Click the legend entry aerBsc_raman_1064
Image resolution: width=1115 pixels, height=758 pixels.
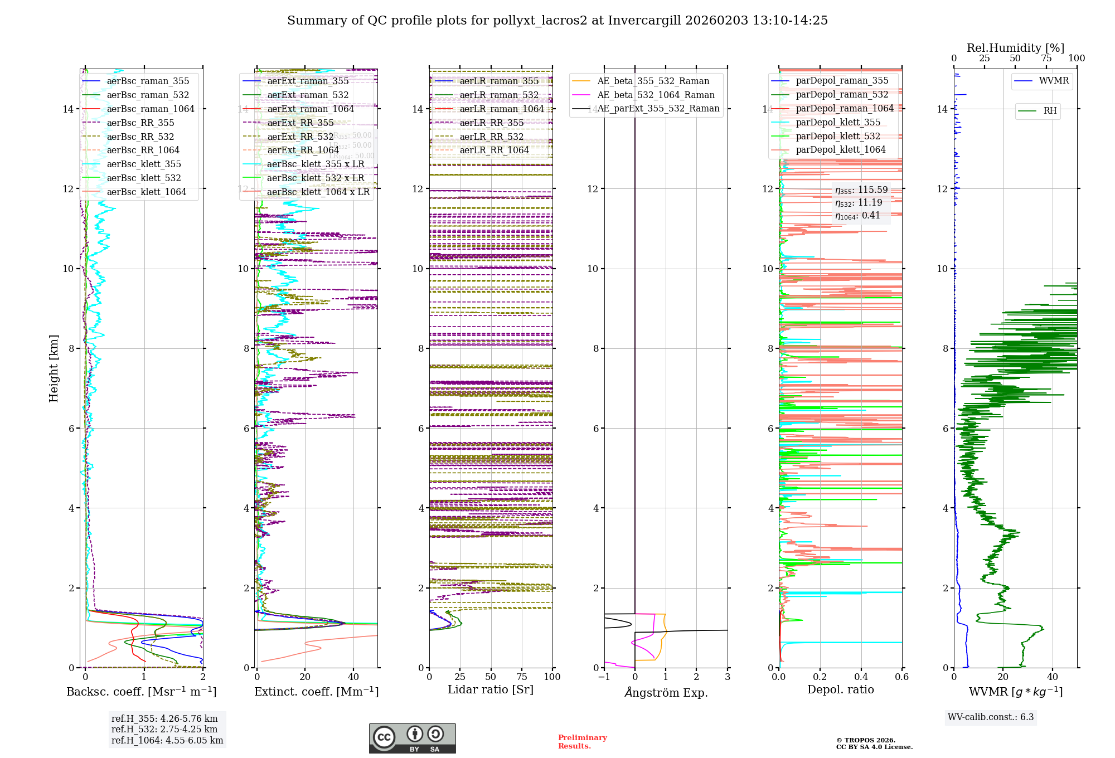(x=151, y=109)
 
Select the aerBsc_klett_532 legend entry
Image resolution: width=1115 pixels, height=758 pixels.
(x=144, y=178)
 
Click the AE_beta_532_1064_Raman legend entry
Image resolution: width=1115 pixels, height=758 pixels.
(x=656, y=95)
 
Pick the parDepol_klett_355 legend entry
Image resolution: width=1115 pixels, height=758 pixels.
(x=838, y=122)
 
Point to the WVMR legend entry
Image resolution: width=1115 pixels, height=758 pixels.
(x=1054, y=81)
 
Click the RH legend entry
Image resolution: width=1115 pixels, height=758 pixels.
(x=1050, y=111)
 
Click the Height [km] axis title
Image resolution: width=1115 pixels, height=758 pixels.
(x=54, y=368)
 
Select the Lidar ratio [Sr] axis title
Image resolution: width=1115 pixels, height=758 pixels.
(x=491, y=689)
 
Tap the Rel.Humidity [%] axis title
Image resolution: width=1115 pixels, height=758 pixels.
(x=1015, y=48)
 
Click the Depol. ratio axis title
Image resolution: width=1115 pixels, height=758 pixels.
(x=840, y=689)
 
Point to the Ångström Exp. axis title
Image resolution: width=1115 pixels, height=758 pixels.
(x=666, y=692)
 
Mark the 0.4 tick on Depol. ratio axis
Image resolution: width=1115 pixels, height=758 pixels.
(x=861, y=677)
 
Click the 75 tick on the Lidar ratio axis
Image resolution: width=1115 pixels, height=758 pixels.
(x=522, y=677)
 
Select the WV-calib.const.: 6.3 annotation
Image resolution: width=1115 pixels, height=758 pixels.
(x=990, y=717)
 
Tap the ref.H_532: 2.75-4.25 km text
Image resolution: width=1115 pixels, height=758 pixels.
(x=164, y=729)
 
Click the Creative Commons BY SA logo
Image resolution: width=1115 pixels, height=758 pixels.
(x=412, y=738)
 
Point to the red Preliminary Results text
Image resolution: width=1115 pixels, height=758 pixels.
(x=582, y=742)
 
